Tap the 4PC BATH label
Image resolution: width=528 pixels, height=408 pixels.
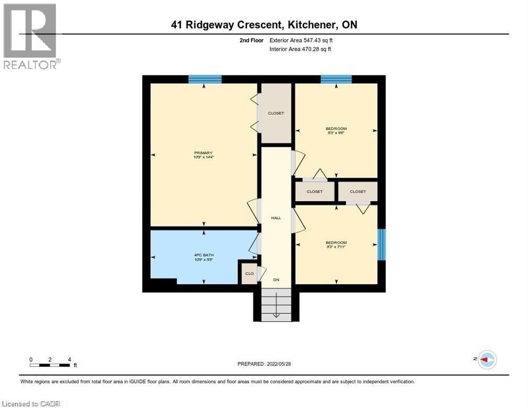pos(203,254)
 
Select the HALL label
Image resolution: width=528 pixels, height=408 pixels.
pos(276,218)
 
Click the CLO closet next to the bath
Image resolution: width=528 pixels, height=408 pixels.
pos(248,273)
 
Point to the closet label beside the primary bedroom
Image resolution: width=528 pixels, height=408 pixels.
pos(276,113)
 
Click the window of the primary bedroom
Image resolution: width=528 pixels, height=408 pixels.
pos(205,79)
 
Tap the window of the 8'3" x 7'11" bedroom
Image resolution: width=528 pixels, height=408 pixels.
pos(381,244)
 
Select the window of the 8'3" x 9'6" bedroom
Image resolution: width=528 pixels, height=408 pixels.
pos(336,79)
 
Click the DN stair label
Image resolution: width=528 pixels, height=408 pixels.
pos(276,279)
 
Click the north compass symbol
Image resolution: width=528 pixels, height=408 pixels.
pos(487,360)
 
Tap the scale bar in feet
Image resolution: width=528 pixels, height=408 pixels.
pos(50,364)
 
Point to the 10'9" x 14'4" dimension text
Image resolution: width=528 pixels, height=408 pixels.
pos(203,157)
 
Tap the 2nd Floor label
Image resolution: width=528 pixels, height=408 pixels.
pos(250,40)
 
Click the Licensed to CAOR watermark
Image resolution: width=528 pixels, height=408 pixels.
pos(31,404)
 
